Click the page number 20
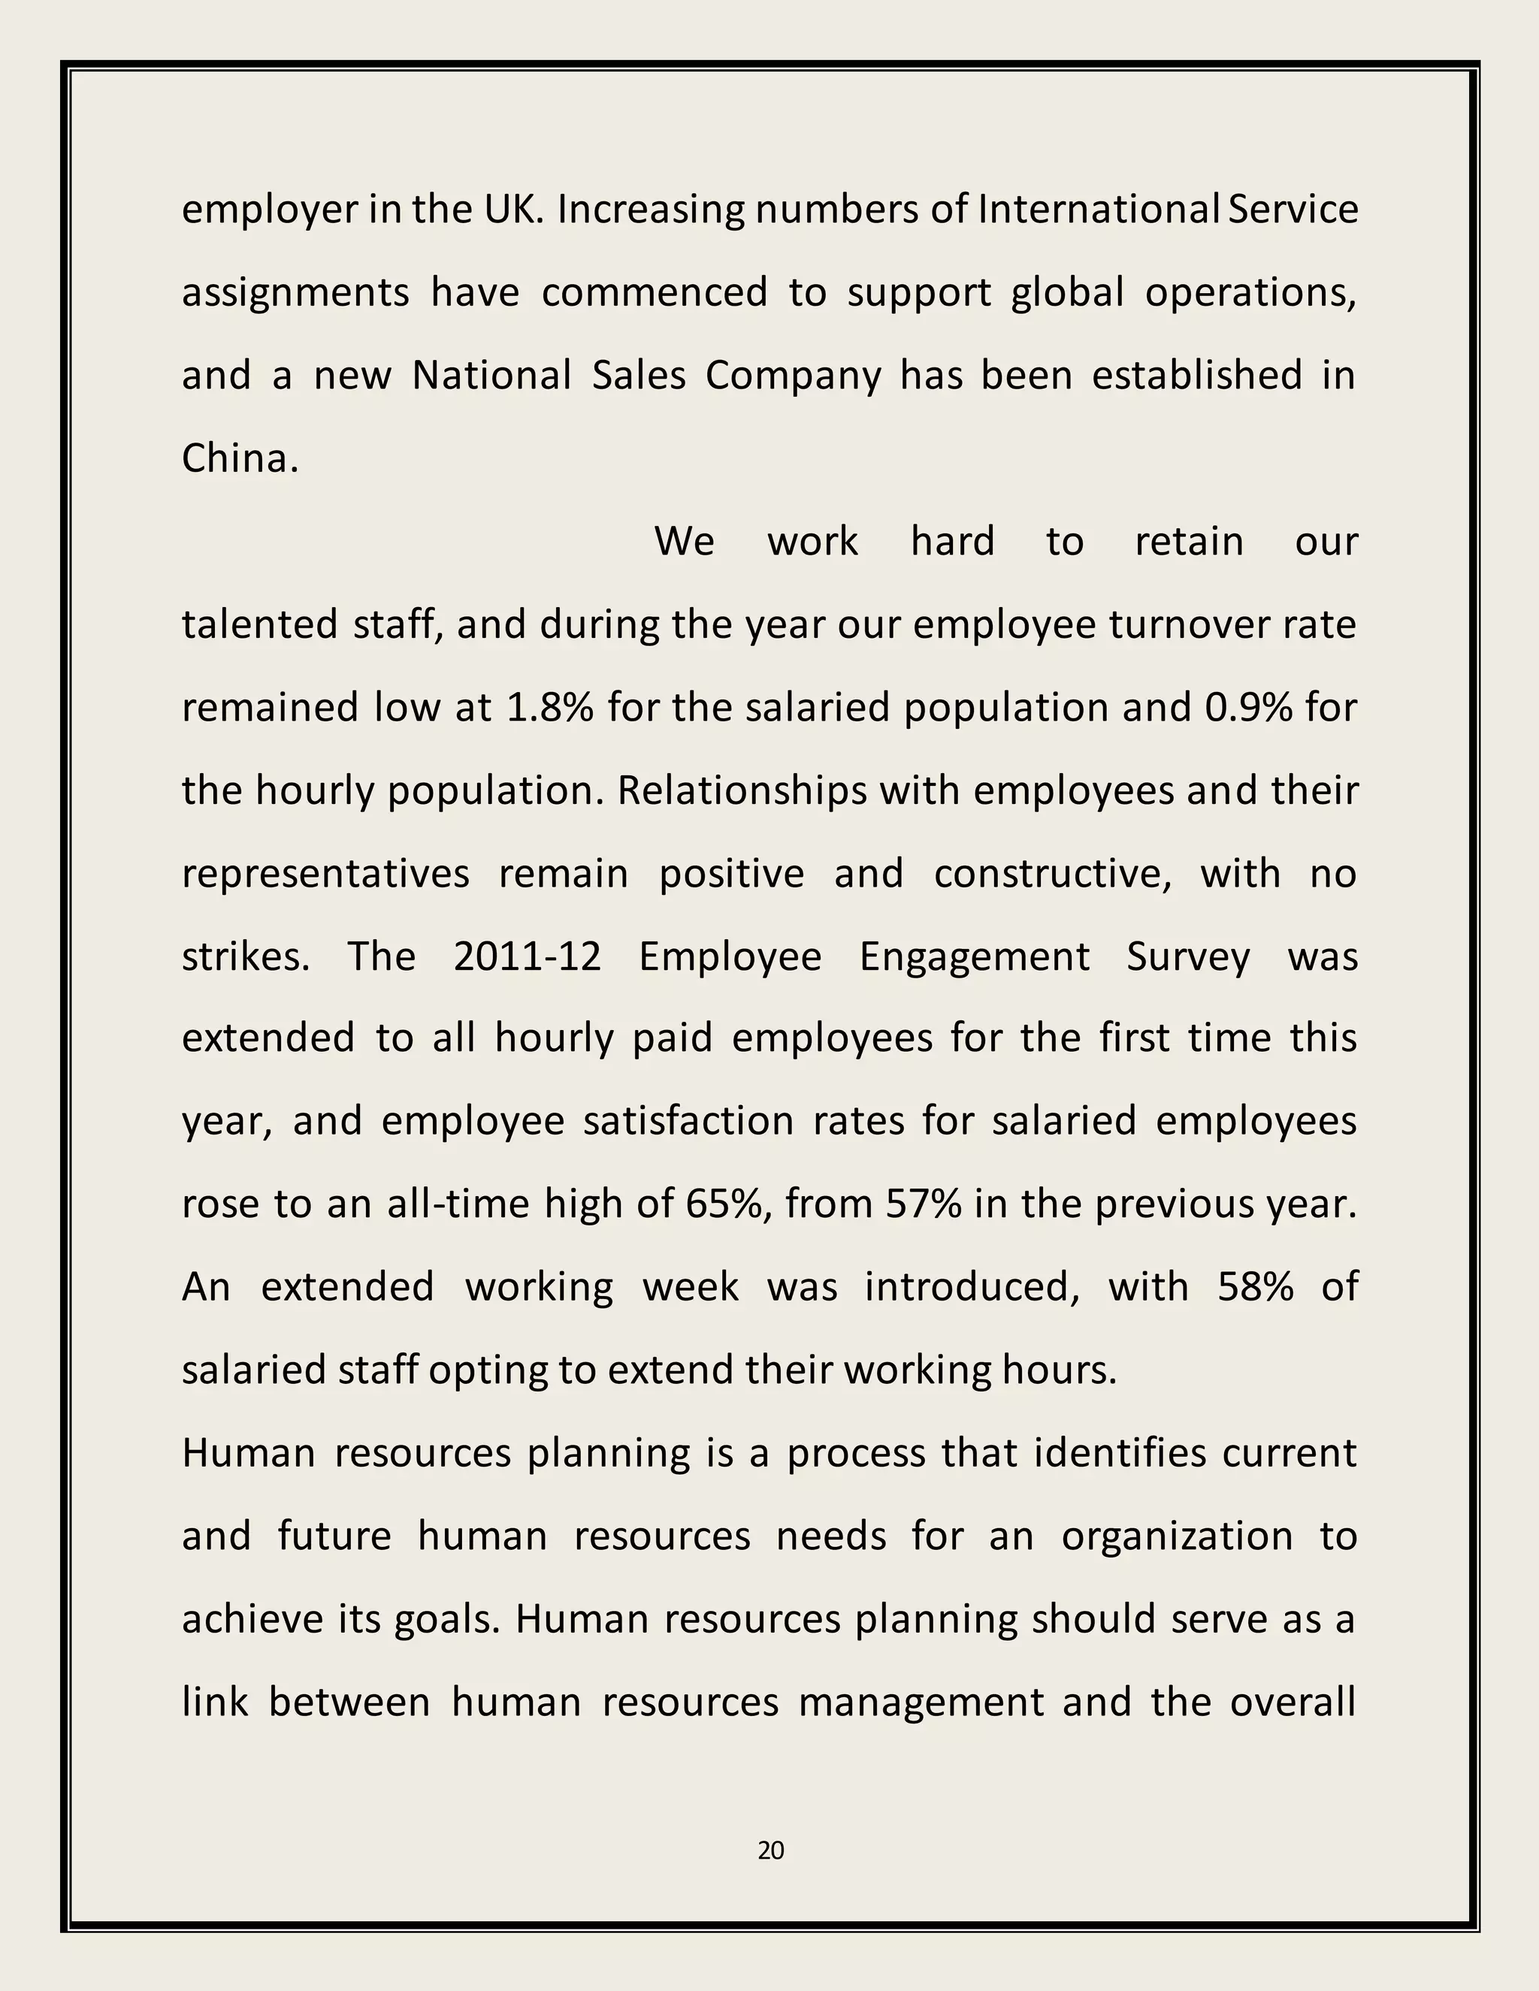click(770, 1850)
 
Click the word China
click(239, 458)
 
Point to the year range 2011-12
click(527, 956)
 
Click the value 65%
click(730, 1204)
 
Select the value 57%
click(923, 1204)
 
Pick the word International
click(1099, 210)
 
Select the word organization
click(1177, 1537)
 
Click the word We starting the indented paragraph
click(684, 542)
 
